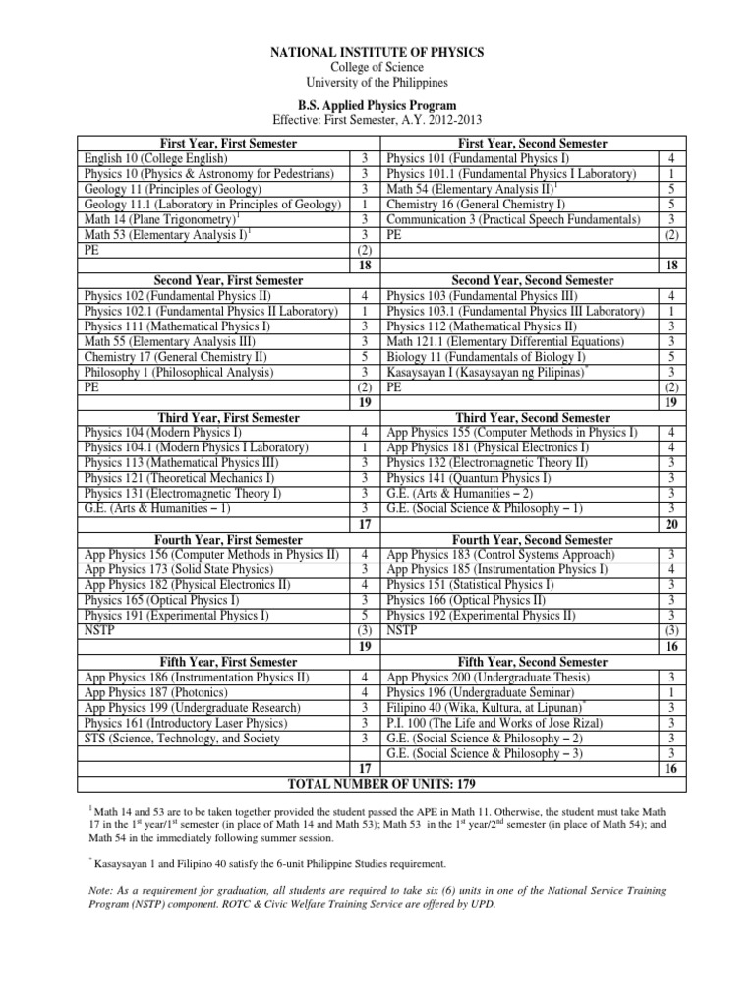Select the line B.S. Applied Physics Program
tap(377, 104)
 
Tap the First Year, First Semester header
tap(213, 144)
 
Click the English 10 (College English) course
tap(157, 157)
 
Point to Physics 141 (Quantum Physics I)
tap(469, 479)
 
